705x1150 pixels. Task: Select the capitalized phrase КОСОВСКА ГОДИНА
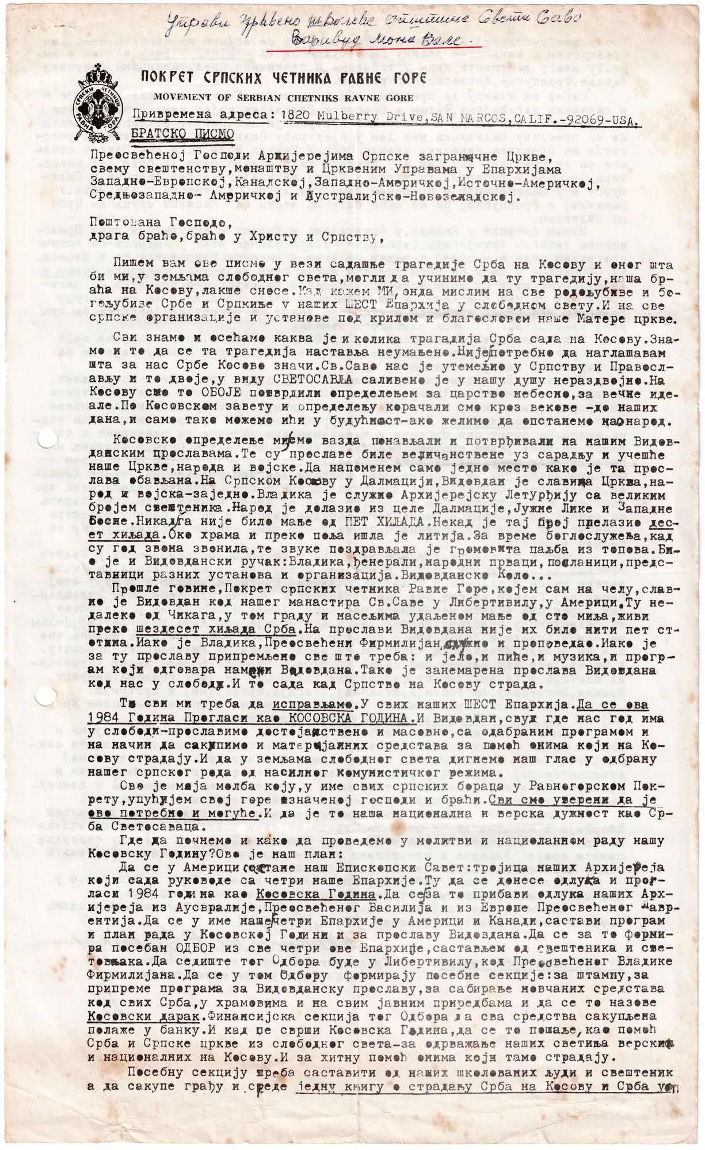click(327, 719)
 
